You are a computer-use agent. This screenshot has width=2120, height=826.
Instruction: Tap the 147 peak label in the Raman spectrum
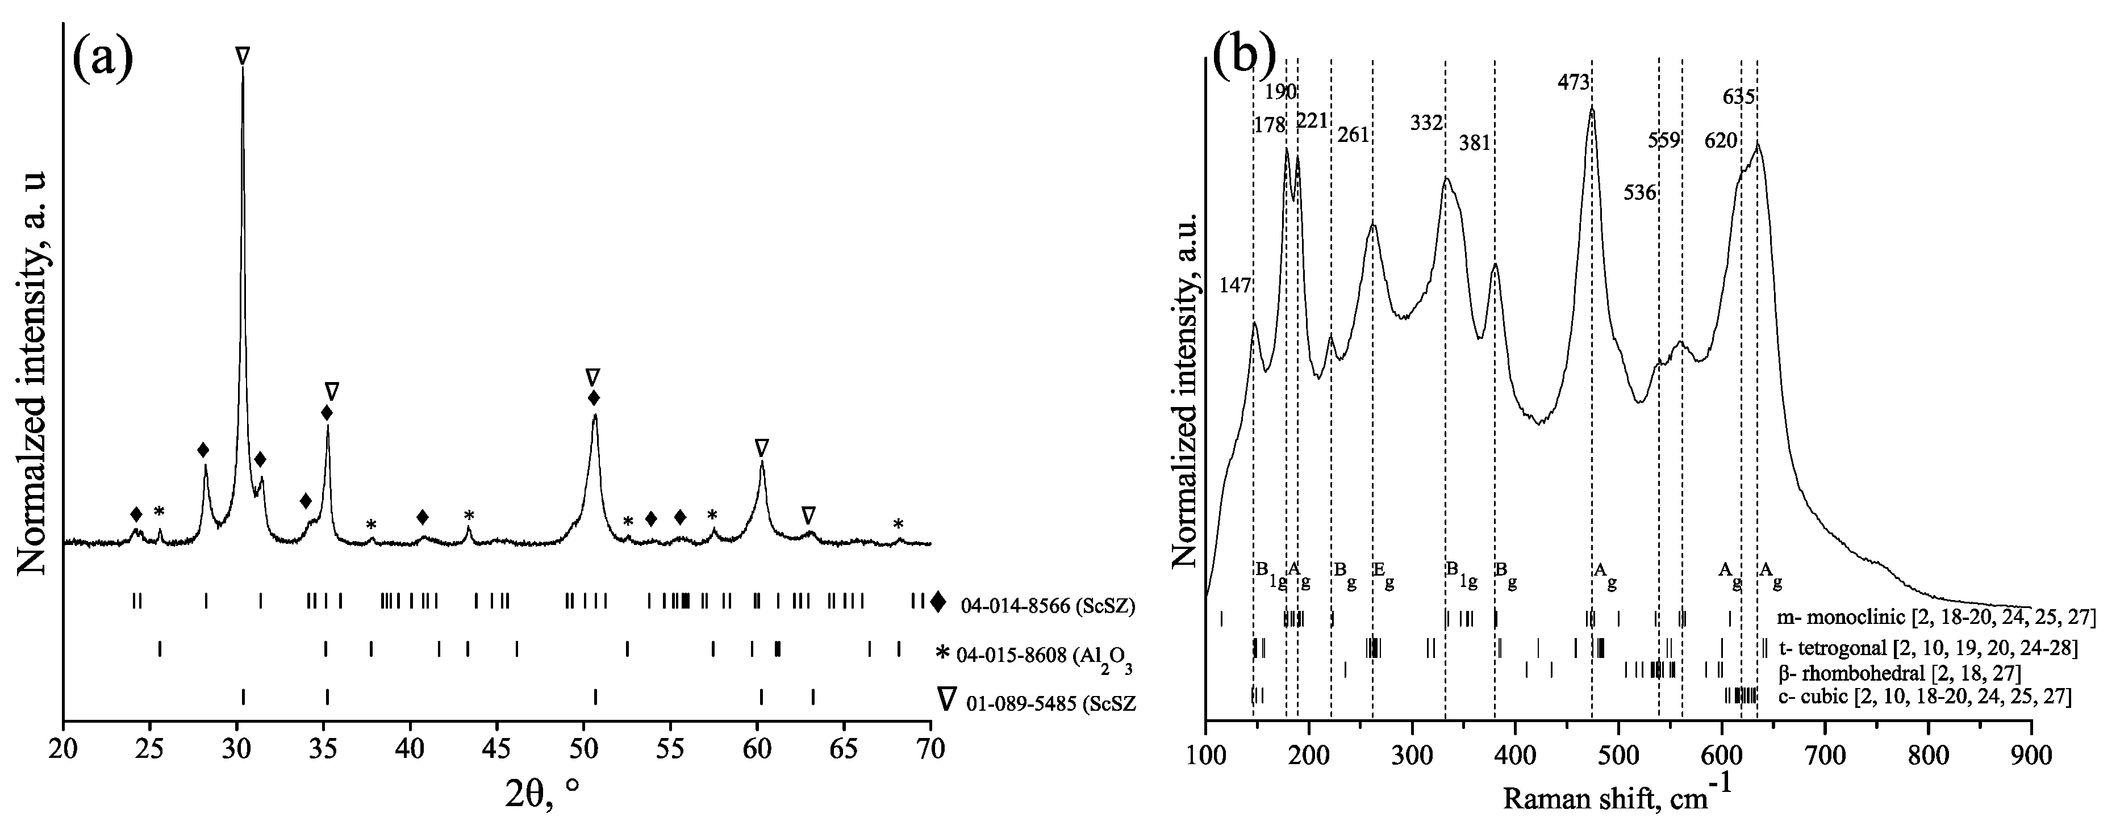1236,286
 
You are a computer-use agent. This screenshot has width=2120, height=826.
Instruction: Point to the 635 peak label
1739,97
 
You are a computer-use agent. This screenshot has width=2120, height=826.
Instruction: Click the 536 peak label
1640,192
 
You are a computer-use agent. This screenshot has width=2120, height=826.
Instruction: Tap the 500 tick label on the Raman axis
1619,752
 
